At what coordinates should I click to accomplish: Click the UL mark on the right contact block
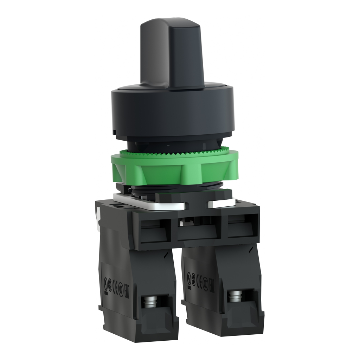[189, 275]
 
